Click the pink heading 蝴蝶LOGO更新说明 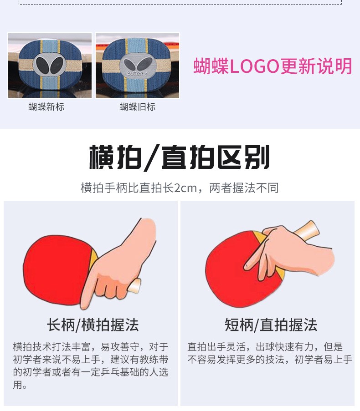coord(273,66)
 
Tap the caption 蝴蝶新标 coord(46,107)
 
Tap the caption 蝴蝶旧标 coord(138,107)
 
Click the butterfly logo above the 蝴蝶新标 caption coord(50,65)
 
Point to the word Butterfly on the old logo coord(137,73)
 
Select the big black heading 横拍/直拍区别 coord(180,157)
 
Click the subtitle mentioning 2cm coord(180,188)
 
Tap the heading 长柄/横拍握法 coord(93,325)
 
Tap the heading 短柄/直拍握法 coord(271,325)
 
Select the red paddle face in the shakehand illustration coord(57,270)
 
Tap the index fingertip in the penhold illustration coord(247,267)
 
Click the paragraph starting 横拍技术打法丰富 coord(91,365)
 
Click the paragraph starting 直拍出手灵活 coord(270,353)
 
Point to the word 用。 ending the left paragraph coord(20,385)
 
